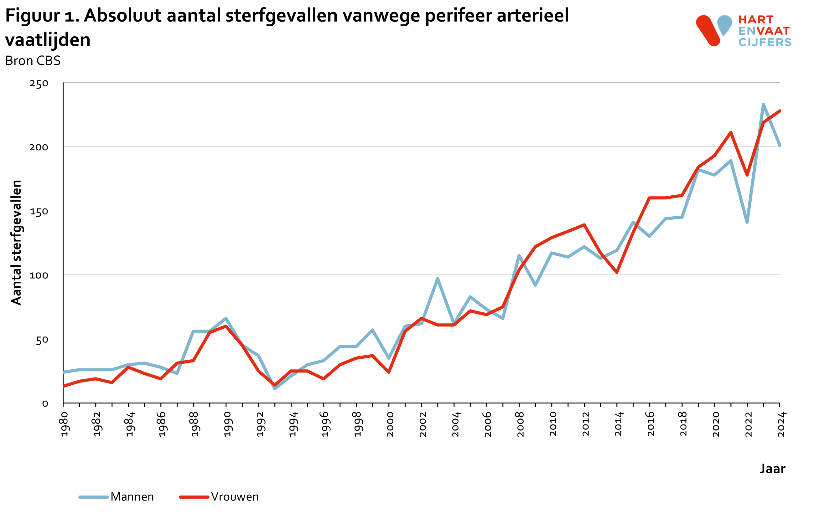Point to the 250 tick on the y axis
[x=39, y=83]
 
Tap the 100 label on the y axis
[x=39, y=275]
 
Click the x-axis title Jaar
[x=772, y=469]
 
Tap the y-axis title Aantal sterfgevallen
[x=16, y=242]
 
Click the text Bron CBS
[x=33, y=61]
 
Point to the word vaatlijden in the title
[x=48, y=40]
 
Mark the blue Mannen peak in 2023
[x=763, y=105]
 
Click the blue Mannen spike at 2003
[x=438, y=279]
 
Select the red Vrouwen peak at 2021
[x=731, y=133]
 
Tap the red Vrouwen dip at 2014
[x=617, y=272]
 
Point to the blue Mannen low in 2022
[x=747, y=222]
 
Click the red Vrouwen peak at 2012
[x=584, y=225]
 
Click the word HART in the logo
[x=755, y=19]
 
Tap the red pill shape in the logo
[x=708, y=30]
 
